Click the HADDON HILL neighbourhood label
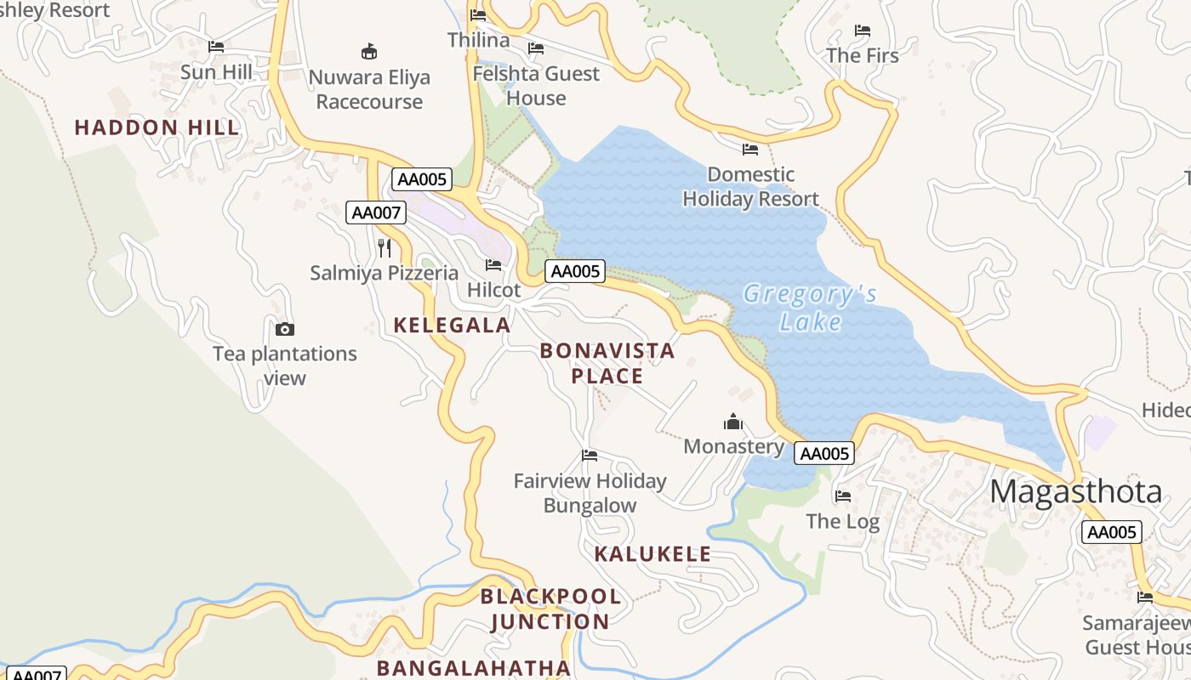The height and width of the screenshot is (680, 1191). click(x=157, y=127)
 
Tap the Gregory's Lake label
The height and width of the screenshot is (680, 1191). click(x=810, y=308)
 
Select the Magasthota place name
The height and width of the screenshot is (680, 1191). click(x=1075, y=492)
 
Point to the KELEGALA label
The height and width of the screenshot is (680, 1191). click(x=452, y=325)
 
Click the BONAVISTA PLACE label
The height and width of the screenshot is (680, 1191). click(x=607, y=363)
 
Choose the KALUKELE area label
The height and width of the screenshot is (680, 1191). click(x=652, y=554)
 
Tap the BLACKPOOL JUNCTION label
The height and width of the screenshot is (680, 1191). click(x=550, y=609)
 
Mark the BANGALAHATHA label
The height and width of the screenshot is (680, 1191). click(x=473, y=668)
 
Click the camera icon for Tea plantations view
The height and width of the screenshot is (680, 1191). click(x=285, y=329)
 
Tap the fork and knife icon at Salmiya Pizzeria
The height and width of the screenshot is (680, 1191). click(x=385, y=247)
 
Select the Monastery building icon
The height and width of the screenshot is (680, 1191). click(x=733, y=422)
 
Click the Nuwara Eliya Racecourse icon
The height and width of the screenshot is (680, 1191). click(x=369, y=52)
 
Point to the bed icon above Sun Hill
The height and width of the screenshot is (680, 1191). click(x=216, y=47)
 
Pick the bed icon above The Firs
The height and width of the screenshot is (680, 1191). click(x=863, y=31)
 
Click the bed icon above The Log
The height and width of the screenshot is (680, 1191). click(x=843, y=496)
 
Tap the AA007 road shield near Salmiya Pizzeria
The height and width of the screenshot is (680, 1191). click(x=375, y=212)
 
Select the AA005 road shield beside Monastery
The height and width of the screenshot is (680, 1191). click(x=823, y=453)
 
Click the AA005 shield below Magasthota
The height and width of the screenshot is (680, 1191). click(x=1111, y=532)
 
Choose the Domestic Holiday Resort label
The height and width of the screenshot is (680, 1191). click(x=750, y=187)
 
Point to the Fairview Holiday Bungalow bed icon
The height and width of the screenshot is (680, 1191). click(x=590, y=456)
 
